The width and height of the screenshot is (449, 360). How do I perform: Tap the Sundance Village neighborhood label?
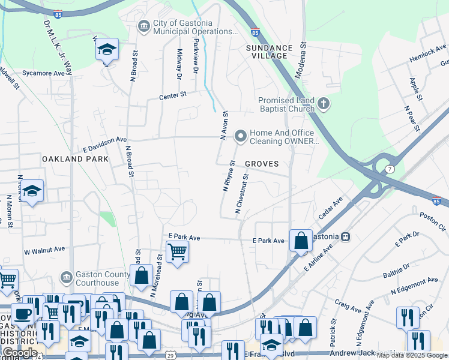[x=269, y=52]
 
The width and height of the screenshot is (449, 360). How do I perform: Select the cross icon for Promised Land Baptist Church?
[x=324, y=104]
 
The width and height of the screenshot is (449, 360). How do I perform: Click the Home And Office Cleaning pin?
[x=241, y=137]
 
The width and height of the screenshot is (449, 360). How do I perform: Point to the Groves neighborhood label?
[x=262, y=164]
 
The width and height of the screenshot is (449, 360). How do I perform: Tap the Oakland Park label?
[x=76, y=159]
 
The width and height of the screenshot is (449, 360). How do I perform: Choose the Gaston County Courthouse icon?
[x=67, y=277]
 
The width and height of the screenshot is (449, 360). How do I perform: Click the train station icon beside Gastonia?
[x=345, y=236]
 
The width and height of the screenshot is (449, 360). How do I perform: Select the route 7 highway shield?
[x=390, y=170]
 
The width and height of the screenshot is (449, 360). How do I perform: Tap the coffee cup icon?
[x=23, y=314]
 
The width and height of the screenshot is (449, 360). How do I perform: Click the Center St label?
[x=173, y=95]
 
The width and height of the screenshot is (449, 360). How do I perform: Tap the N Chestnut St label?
[x=242, y=194]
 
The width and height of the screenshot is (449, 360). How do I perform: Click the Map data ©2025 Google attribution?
[x=412, y=355]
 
